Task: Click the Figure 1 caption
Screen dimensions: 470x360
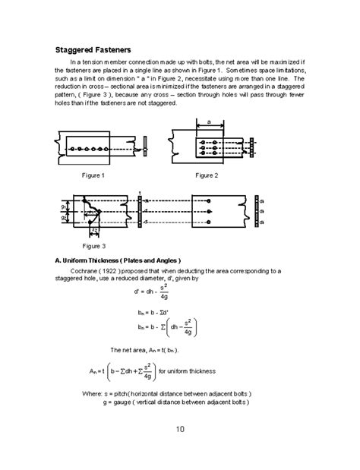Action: pyautogui.click(x=94, y=175)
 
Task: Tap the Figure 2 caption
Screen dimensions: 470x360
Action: pyautogui.click(x=206, y=175)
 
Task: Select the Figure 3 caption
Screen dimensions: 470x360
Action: pyautogui.click(x=94, y=247)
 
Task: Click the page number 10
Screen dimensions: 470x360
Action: pyautogui.click(x=180, y=429)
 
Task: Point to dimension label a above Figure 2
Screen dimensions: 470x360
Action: pyautogui.click(x=208, y=121)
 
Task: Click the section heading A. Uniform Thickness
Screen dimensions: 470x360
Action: pyautogui.click(x=118, y=260)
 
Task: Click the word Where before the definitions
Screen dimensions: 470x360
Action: pyautogui.click(x=92, y=393)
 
